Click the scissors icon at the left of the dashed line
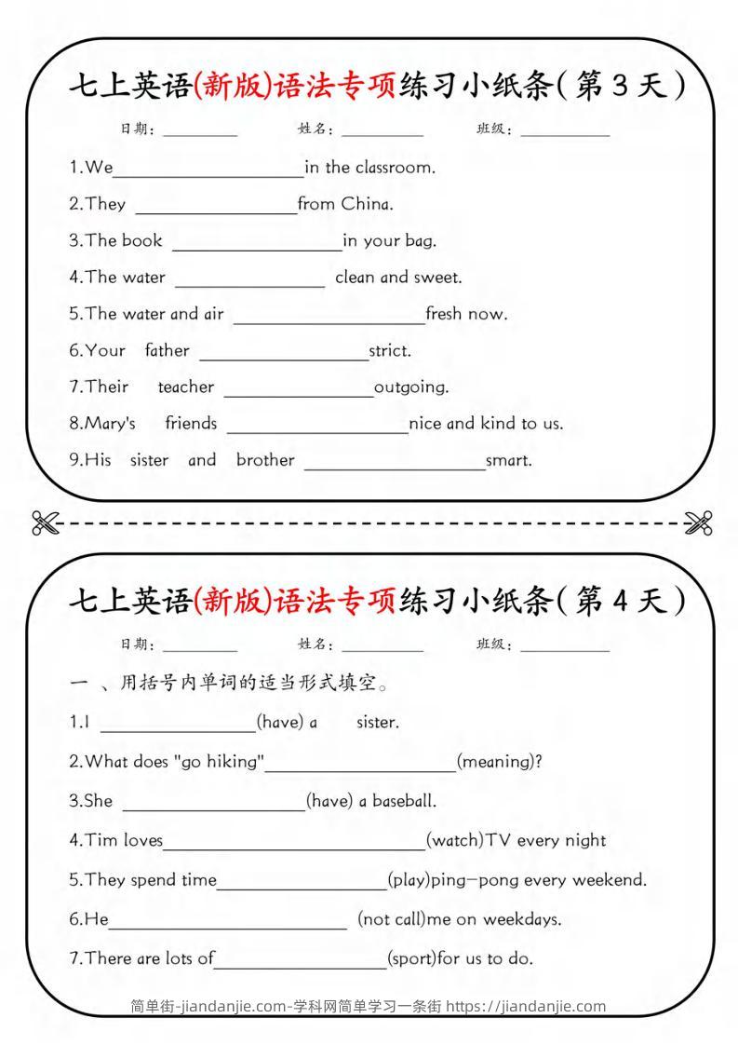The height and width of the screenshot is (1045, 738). click(44, 523)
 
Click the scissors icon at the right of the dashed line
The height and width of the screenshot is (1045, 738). click(697, 523)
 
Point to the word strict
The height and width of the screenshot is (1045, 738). click(390, 351)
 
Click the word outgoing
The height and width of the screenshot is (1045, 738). click(411, 387)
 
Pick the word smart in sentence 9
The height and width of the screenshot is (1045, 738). click(509, 460)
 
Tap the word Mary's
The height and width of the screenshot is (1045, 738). click(102, 424)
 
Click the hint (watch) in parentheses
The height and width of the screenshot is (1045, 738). click(453, 840)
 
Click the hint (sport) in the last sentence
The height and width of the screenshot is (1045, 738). click(411, 958)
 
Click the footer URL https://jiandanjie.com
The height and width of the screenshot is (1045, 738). click(526, 1006)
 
